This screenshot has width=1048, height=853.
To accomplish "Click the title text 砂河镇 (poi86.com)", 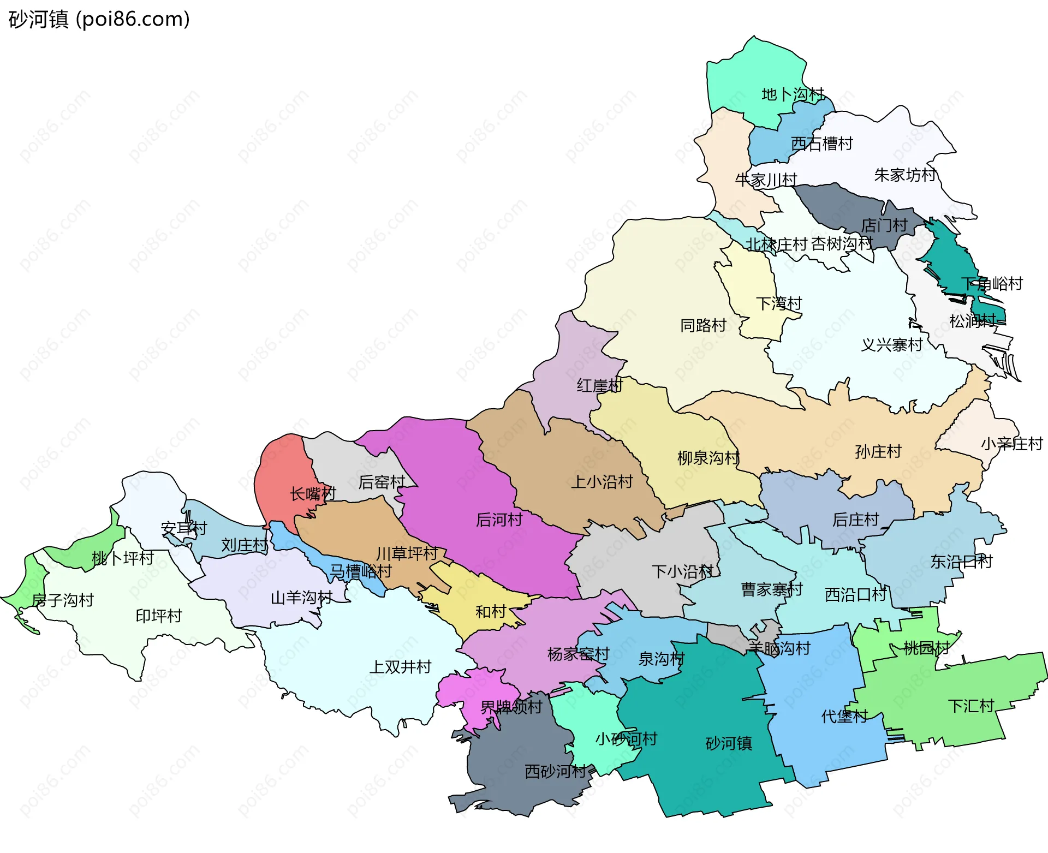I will pyautogui.click(x=99, y=19).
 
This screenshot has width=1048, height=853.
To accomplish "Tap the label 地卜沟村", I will pyautogui.click(x=793, y=94).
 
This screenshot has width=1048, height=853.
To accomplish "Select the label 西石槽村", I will pyautogui.click(x=821, y=144).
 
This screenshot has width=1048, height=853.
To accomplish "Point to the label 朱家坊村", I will pyautogui.click(x=904, y=175).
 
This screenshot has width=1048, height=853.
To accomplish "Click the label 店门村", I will pyautogui.click(x=884, y=225).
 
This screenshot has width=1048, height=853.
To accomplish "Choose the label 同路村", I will pyautogui.click(x=703, y=326).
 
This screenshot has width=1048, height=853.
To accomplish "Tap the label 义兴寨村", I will pyautogui.click(x=891, y=345).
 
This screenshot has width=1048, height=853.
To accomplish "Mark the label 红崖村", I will pyautogui.click(x=599, y=386).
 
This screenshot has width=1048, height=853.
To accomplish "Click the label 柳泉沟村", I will pyautogui.click(x=708, y=458).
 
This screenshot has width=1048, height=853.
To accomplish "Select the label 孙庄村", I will pyautogui.click(x=878, y=452).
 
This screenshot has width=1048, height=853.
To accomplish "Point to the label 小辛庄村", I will pyautogui.click(x=1011, y=444).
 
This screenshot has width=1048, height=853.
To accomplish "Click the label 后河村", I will pyautogui.click(x=499, y=520).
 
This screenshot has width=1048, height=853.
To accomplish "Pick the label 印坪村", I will pyautogui.click(x=158, y=616).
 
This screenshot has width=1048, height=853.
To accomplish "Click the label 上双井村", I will pyautogui.click(x=400, y=667).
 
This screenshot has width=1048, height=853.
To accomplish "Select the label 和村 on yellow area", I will pyautogui.click(x=491, y=612).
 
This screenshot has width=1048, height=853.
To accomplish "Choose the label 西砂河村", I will pyautogui.click(x=555, y=772).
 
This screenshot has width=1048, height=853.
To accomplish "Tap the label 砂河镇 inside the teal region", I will pyautogui.click(x=729, y=743).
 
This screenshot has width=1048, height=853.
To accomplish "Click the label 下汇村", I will pyautogui.click(x=971, y=706).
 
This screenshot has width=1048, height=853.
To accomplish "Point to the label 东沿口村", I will pyautogui.click(x=961, y=562).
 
